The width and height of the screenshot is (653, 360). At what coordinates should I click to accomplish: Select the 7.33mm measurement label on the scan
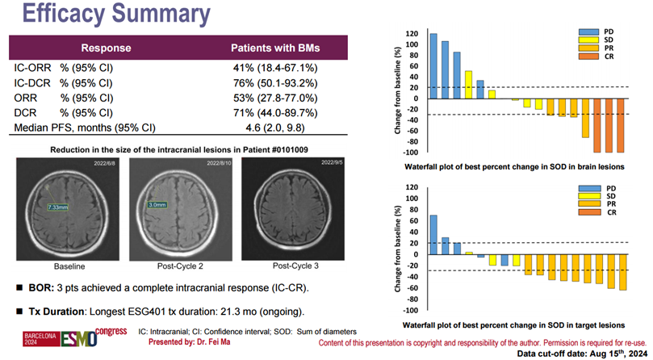click(x=59, y=207)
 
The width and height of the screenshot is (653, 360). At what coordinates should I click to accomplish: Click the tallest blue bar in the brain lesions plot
click(x=433, y=66)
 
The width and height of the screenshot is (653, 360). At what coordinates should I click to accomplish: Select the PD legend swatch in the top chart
click(x=588, y=32)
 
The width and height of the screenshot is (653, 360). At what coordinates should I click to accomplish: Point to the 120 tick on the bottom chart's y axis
click(x=411, y=187)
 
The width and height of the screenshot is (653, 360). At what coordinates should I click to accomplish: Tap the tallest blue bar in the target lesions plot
click(x=433, y=235)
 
